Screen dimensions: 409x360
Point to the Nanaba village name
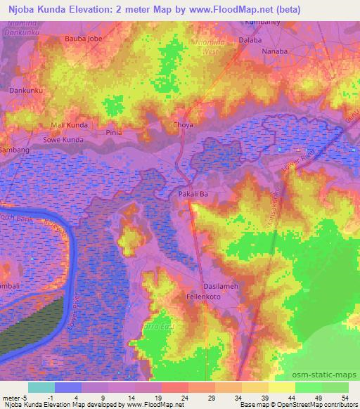click(x=274, y=52)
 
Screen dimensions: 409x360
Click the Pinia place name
click(x=113, y=132)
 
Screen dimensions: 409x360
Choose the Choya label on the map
click(x=182, y=125)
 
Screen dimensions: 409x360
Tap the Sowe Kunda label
click(x=63, y=140)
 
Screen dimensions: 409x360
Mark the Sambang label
click(x=15, y=150)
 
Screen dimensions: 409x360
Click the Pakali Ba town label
click(x=193, y=192)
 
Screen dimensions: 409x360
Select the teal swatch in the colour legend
click(x=41, y=387)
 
